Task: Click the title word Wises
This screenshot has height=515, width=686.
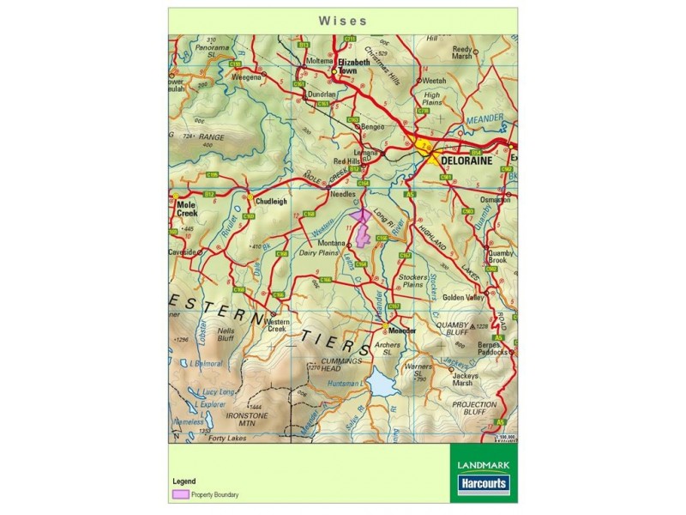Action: (343, 20)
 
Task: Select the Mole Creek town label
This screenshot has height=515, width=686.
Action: (186, 209)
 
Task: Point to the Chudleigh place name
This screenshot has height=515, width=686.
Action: (271, 202)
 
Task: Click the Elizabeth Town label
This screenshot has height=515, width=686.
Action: (354, 67)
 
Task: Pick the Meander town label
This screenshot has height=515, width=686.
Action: (401, 330)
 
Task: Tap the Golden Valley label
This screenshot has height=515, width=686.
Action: (464, 297)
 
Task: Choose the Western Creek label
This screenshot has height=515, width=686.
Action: (277, 325)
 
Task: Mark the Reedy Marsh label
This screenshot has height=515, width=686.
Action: (463, 53)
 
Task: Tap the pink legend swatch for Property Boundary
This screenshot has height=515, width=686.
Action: (180, 495)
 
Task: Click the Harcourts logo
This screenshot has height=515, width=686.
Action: (483, 484)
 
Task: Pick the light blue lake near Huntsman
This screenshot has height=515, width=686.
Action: (382, 382)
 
